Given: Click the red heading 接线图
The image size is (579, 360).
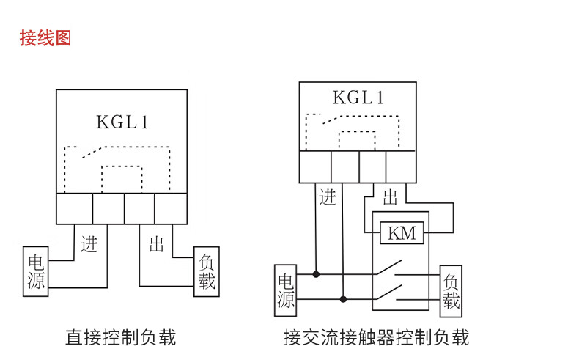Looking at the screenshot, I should (x=45, y=38).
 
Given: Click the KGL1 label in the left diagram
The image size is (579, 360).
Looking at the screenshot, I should (x=122, y=122).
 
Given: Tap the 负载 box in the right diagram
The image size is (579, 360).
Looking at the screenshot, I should (x=451, y=290).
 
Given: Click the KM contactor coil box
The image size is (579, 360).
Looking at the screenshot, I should (x=401, y=233).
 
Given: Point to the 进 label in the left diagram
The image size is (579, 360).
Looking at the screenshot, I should (x=89, y=243).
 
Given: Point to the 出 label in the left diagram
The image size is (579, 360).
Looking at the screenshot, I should (x=156, y=244).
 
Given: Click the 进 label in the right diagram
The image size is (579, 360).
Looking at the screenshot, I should (x=327, y=196).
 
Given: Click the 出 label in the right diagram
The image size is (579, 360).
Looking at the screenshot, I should (x=390, y=196).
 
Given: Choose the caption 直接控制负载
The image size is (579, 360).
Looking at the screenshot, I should (x=121, y=337).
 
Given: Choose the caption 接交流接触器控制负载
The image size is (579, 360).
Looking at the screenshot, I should (x=376, y=337).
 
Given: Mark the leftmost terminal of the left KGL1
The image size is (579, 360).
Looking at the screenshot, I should (x=75, y=208).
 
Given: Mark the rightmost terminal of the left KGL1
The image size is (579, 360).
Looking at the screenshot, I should (x=171, y=208).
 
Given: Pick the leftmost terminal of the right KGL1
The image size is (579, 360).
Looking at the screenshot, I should (x=315, y=166).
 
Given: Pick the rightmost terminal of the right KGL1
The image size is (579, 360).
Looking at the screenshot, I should (x=400, y=166).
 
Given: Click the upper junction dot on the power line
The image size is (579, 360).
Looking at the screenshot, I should (x=316, y=274).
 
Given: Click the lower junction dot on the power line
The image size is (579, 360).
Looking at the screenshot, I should (x=343, y=299).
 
